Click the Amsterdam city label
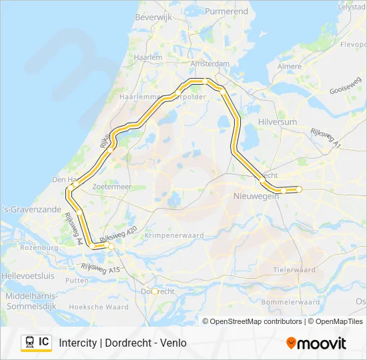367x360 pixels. coord(210,64)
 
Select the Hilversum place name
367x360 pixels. coord(277,122)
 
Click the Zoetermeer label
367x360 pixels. coord(112,187)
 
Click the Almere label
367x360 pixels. coord(289,67)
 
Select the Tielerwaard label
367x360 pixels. coord(294,269)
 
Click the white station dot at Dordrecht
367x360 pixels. coord(155,291)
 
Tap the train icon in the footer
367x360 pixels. coord(30,342)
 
